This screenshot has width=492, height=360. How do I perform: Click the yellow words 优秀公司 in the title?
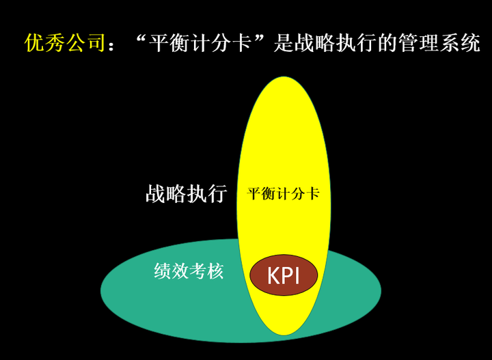(x=65, y=44)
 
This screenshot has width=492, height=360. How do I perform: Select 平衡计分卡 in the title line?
(x=202, y=44)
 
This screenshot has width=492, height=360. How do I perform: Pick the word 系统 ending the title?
(x=456, y=44)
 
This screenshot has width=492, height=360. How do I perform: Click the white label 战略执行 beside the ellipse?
(x=186, y=193)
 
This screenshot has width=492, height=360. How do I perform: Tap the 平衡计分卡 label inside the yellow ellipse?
(x=283, y=194)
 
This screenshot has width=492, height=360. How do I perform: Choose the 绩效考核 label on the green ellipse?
(x=189, y=272)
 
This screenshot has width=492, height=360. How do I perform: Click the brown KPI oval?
(x=284, y=276)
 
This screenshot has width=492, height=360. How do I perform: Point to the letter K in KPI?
(x=273, y=276)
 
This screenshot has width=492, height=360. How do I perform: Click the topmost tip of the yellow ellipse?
(x=281, y=77)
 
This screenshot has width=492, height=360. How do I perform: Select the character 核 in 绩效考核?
(x=215, y=272)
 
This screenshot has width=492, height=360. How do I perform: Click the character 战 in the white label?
(x=156, y=193)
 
